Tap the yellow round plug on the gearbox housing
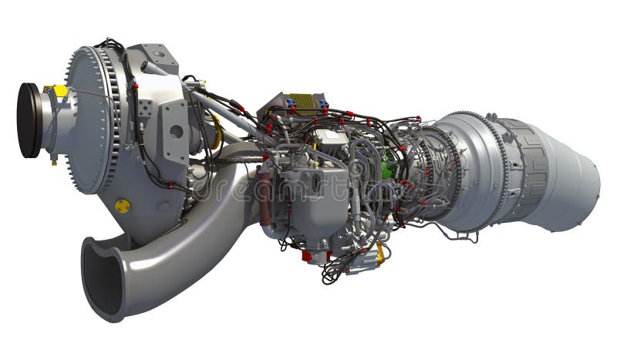point(122,206)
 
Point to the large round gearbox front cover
point(89,119)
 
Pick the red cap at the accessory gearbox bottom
point(306,255)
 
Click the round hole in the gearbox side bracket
point(177,131)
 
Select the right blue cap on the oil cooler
point(324,103)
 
